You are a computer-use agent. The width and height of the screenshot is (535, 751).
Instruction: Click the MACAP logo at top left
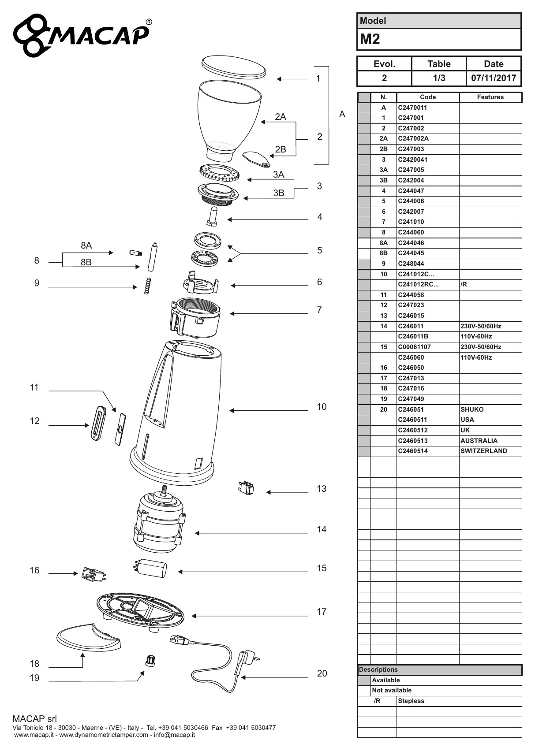[82, 35]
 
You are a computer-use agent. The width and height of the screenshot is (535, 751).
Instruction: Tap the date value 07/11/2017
[494, 78]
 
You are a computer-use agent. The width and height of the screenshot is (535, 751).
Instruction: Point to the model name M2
[370, 39]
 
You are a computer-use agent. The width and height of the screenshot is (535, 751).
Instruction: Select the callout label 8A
[86, 245]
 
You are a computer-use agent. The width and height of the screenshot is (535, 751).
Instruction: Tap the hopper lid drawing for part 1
[234, 67]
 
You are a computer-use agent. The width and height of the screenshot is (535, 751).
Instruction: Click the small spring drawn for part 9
[148, 286]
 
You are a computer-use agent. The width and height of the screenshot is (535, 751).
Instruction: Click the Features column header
[490, 97]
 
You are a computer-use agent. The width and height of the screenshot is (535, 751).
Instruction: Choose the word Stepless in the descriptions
[411, 701]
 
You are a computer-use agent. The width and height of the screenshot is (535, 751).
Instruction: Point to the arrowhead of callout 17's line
[194, 616]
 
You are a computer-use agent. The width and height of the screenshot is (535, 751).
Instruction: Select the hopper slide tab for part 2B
[256, 159]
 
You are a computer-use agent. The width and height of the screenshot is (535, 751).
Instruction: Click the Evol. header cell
[385, 64]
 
